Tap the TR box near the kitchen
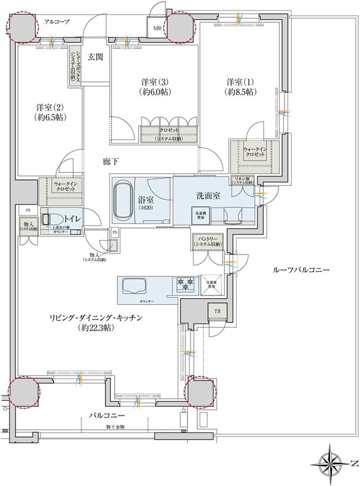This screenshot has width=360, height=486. [217, 312]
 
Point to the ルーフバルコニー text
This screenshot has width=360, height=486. [301, 269]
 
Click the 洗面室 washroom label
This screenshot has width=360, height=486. [208, 195]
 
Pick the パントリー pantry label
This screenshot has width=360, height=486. [207, 239]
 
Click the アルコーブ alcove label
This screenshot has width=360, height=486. [57, 22]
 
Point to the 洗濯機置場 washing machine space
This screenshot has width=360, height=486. [197, 215]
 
